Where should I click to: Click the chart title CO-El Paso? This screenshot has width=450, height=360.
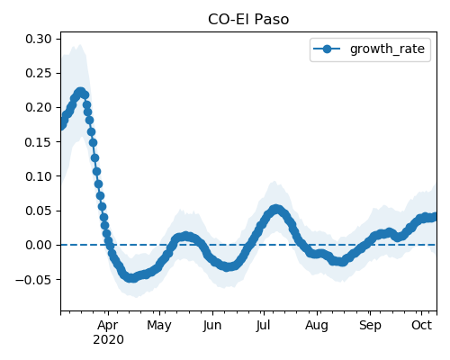click(248, 20)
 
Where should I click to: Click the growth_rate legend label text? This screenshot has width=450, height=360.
click(387, 49)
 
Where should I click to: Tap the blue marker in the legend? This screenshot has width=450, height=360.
click(327, 49)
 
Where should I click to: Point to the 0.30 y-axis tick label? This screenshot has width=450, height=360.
click(39, 39)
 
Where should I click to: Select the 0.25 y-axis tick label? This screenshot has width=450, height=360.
click(39, 73)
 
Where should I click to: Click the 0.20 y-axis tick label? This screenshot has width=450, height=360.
click(39, 107)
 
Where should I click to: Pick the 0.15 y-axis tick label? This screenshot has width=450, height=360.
click(39, 142)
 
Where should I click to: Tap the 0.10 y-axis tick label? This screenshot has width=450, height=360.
click(39, 176)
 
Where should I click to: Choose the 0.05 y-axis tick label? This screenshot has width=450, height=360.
click(39, 211)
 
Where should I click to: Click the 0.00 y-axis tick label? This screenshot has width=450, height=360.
click(39, 245)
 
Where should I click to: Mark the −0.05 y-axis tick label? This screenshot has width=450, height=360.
click(33, 280)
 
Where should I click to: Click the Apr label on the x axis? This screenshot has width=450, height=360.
click(108, 325)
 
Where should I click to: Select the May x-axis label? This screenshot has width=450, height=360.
click(159, 326)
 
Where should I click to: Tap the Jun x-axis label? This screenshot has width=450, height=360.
click(212, 325)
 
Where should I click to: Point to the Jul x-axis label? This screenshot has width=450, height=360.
click(263, 325)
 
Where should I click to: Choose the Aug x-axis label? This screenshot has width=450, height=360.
click(317, 326)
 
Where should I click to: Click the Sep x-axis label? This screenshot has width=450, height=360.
click(370, 326)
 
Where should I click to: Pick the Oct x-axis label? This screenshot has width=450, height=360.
click(421, 325)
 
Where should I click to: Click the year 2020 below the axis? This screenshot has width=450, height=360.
click(108, 340)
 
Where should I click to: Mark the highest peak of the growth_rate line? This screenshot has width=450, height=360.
click(80, 92)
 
